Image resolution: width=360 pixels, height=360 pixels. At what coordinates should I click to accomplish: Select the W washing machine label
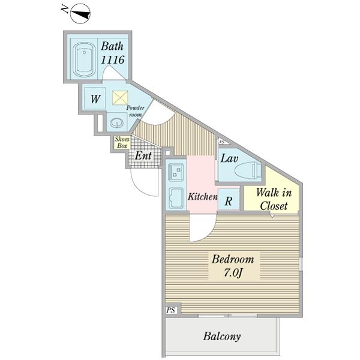95,99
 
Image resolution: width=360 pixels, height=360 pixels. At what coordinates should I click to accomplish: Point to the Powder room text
135,111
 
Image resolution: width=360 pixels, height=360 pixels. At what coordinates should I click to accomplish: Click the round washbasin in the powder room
116,123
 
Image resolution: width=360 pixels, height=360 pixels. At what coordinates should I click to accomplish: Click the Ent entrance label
143,156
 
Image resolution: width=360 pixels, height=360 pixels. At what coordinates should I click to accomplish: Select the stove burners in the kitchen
176,172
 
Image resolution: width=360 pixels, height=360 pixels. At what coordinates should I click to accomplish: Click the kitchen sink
176,197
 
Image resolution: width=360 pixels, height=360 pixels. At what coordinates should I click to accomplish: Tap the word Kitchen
202,197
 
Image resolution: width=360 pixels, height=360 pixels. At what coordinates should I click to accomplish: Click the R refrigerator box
229,201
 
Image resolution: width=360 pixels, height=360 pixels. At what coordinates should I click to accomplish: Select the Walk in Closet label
274,199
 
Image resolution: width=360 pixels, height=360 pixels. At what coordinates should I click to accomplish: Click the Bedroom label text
232,260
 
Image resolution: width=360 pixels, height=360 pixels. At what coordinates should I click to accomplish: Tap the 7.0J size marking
233,274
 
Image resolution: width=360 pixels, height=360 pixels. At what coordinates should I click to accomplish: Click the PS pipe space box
170,310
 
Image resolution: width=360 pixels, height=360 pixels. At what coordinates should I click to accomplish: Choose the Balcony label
221,336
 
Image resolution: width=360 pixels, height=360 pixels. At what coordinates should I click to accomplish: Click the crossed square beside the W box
119,98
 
